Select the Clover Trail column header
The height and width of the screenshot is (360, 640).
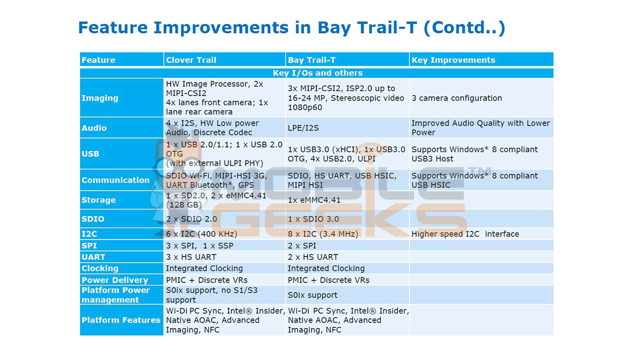click(191, 60)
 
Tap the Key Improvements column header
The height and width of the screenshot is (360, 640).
click(453, 60)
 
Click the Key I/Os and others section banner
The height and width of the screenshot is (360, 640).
click(317, 73)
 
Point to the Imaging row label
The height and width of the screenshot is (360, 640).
click(100, 98)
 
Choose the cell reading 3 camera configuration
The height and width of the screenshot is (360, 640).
click(456, 98)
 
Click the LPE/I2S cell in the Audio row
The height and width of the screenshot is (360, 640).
click(303, 128)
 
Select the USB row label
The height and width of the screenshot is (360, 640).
click(90, 153)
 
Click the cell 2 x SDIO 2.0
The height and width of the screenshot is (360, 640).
click(191, 219)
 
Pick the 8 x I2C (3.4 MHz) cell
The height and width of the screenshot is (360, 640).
click(323, 234)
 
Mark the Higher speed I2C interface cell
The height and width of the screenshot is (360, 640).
click(465, 234)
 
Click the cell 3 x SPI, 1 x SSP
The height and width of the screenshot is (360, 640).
click(199, 245)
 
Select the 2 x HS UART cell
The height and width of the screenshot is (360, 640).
click(313, 257)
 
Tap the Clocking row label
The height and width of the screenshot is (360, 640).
click(100, 268)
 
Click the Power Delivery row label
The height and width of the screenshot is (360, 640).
click(114, 280)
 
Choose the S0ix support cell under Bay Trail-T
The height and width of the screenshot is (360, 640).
click(312, 295)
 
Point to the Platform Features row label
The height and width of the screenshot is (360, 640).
click(121, 320)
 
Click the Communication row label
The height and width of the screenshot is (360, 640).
click(115, 180)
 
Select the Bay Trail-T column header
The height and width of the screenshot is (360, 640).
click(311, 60)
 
